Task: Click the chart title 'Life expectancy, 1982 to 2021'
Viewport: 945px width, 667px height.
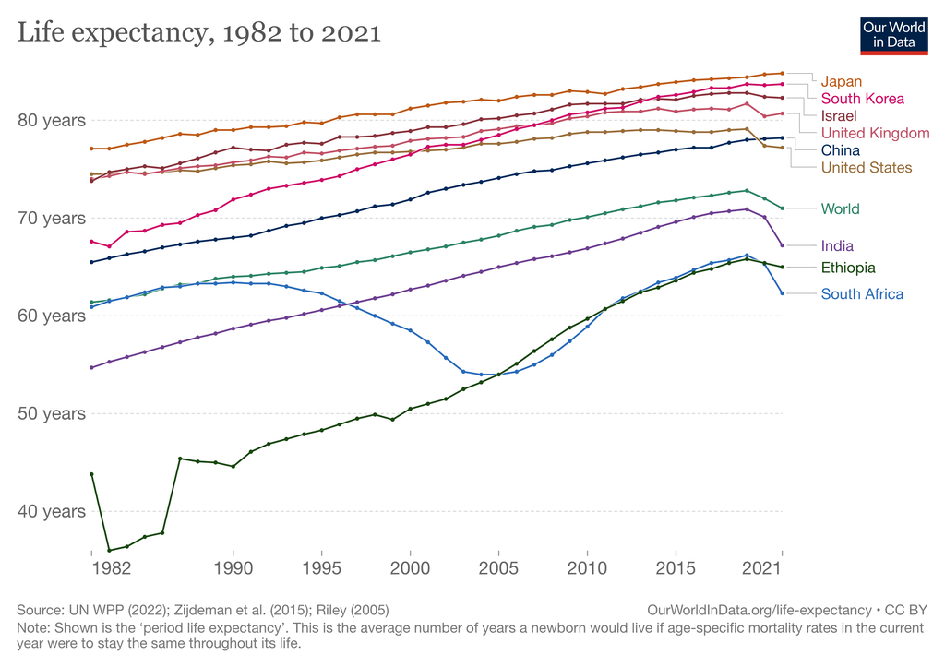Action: point(199,33)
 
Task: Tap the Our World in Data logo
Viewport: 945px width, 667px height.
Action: point(893,34)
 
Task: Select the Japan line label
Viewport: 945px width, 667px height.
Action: point(841,81)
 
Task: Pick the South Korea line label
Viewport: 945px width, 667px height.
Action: point(862,99)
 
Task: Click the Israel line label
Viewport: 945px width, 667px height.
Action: point(839,116)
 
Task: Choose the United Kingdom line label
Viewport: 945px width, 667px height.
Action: point(875,133)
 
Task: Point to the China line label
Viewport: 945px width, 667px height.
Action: point(840,150)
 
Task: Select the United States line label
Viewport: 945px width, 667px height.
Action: point(866,168)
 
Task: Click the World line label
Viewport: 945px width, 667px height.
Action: point(840,208)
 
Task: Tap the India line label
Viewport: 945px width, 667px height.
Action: point(837,245)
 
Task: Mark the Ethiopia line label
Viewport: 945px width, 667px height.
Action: point(848,268)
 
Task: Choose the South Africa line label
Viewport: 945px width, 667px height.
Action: point(862,294)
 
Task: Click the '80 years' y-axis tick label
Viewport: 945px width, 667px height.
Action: point(52,120)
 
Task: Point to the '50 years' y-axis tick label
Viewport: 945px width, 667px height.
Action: point(52,413)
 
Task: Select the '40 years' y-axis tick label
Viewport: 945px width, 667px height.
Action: point(52,511)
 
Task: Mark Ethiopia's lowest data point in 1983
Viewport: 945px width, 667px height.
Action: point(110,551)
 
